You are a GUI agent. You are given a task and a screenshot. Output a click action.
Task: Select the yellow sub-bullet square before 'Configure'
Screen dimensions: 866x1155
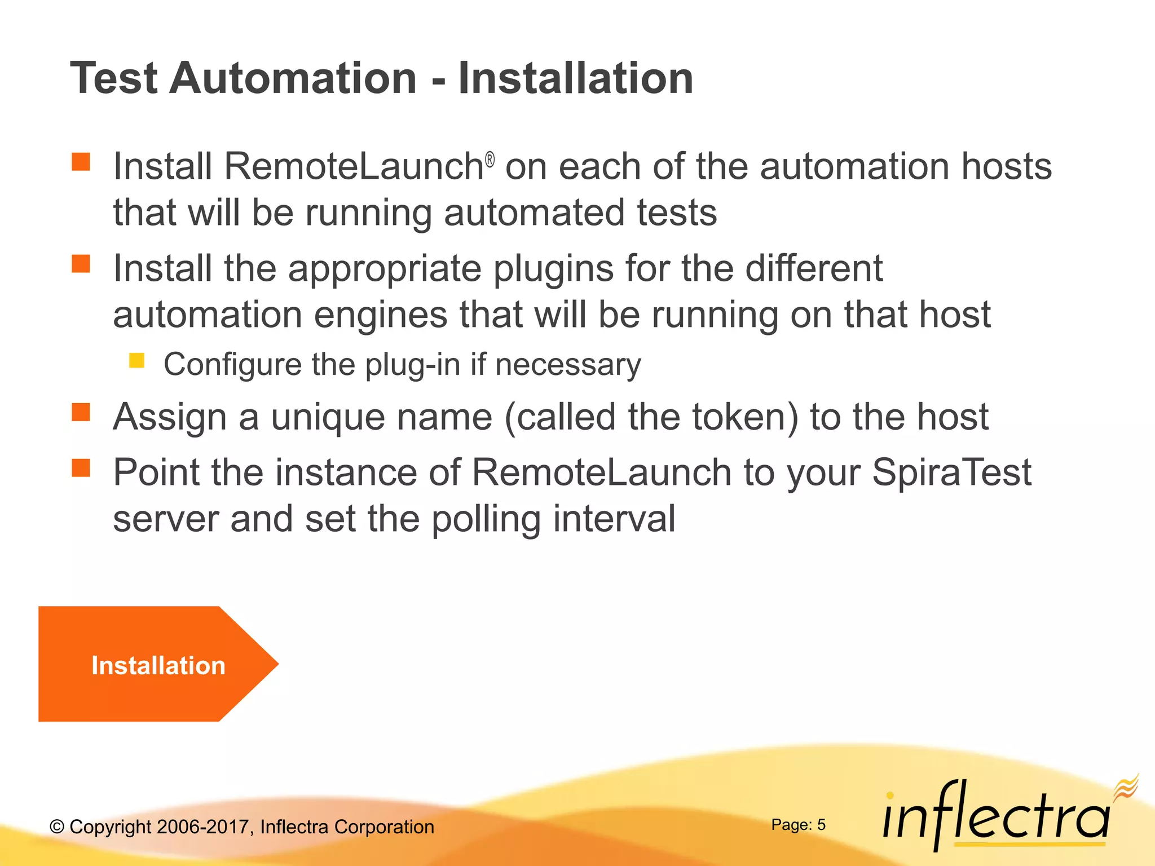[x=136, y=360]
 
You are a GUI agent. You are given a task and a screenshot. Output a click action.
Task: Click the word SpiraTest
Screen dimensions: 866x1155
[x=951, y=472]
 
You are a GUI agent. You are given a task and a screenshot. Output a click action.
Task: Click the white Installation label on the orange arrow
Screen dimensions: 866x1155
[x=158, y=666]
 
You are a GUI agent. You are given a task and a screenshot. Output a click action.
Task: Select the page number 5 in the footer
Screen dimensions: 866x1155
[x=821, y=825]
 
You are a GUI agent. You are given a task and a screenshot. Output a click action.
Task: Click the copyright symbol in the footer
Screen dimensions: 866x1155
[x=57, y=827]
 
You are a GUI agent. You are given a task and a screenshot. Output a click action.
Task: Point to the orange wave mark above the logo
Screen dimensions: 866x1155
[x=1126, y=787]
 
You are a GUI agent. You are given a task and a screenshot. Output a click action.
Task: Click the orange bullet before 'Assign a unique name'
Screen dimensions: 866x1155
[x=81, y=412]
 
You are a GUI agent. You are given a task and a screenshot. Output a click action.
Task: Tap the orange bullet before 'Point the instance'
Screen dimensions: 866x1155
[x=81, y=467]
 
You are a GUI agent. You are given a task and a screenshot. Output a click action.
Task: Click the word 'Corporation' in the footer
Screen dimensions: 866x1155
[x=384, y=827]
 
